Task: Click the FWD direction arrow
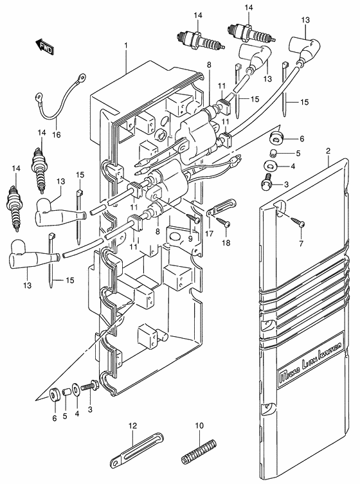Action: [44, 46]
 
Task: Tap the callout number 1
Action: [127, 46]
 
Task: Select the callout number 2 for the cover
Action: [328, 151]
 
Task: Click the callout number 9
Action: [190, 239]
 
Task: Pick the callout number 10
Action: [199, 425]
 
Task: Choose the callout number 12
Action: [133, 425]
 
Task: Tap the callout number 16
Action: [57, 136]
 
